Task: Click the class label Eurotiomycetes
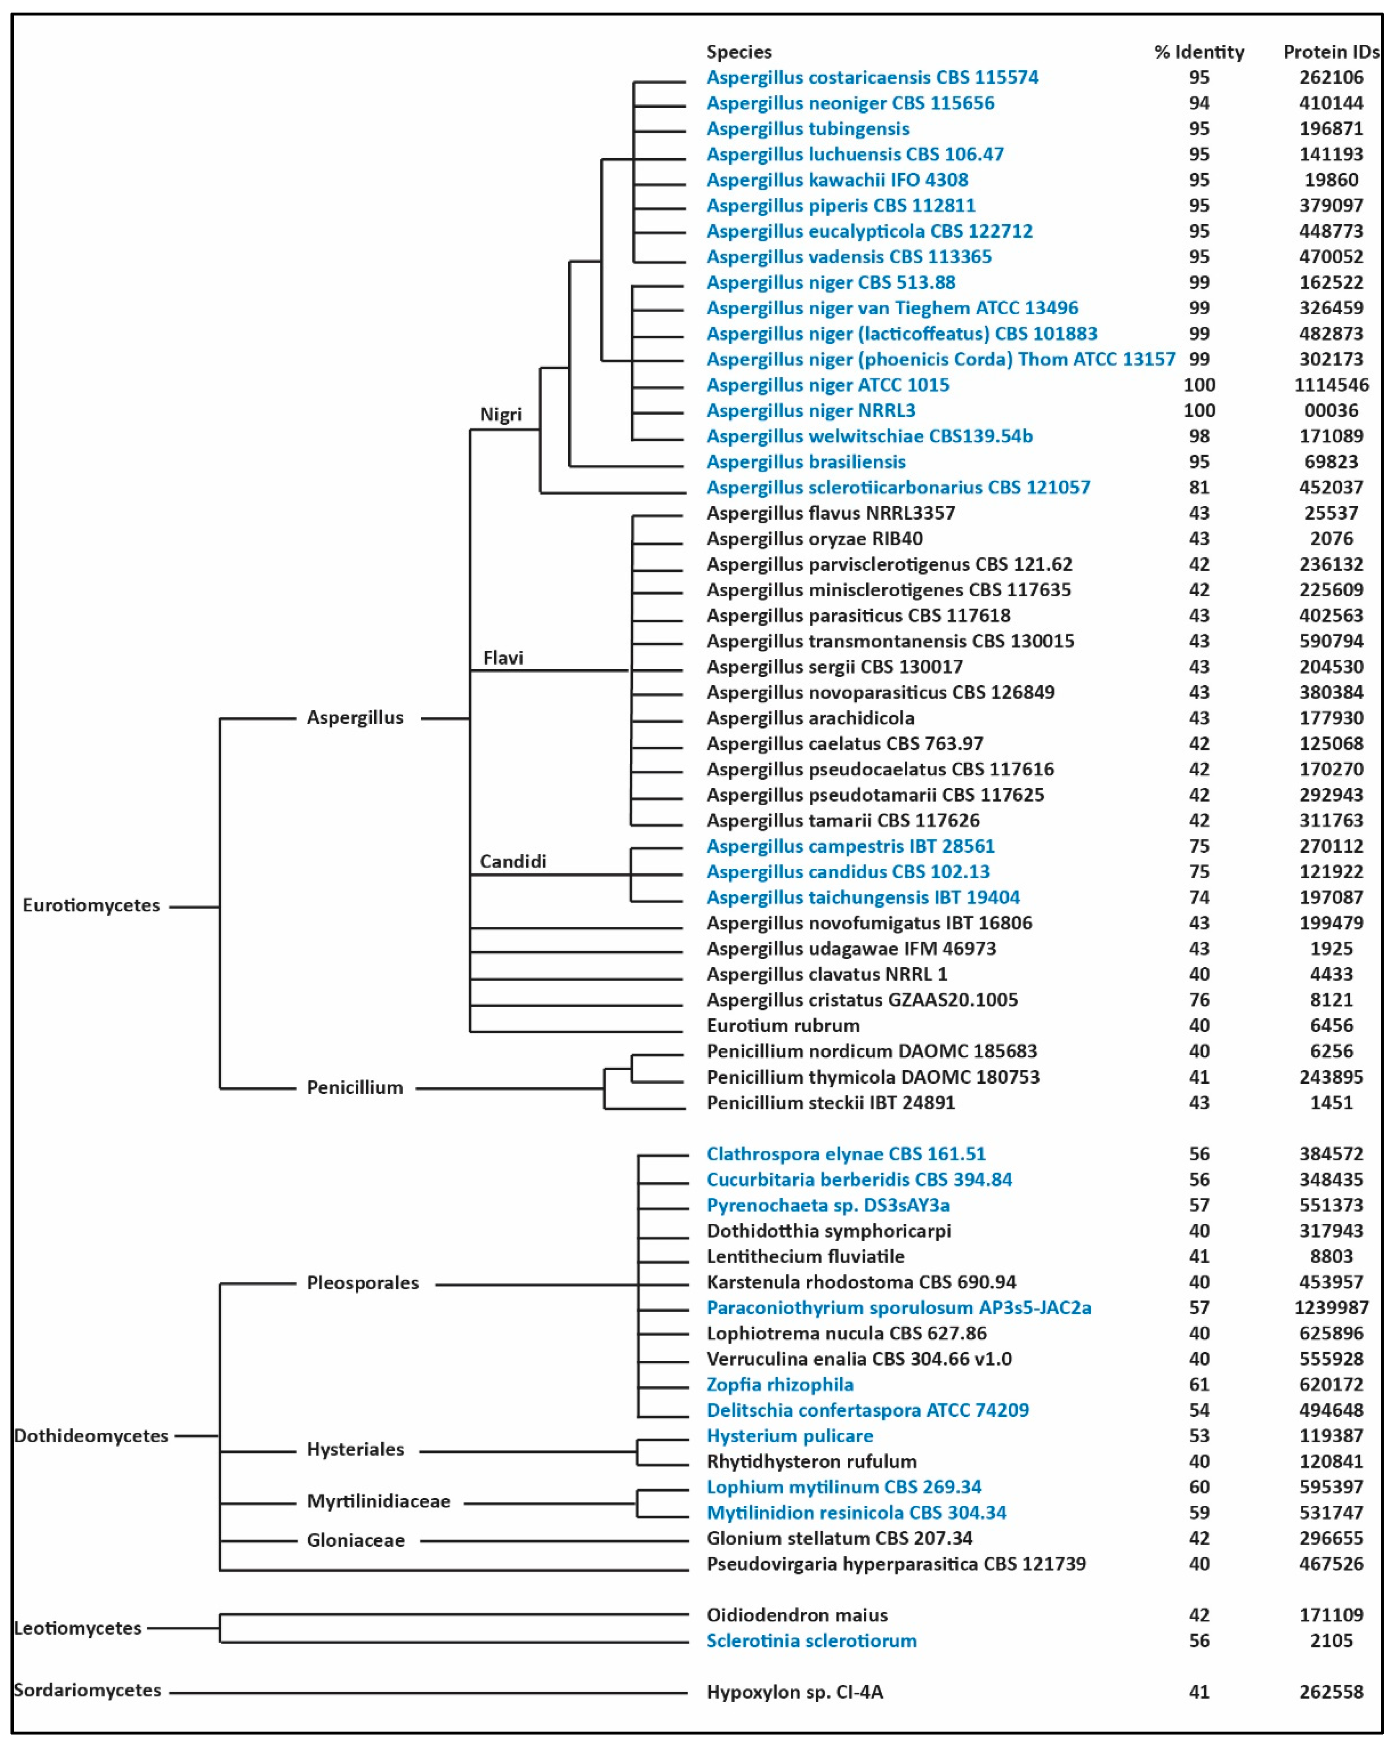tap(91, 905)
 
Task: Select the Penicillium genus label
tap(355, 1087)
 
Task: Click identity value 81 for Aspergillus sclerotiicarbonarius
tap(1199, 487)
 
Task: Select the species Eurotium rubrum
tap(783, 1025)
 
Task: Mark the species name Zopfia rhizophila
tap(779, 1385)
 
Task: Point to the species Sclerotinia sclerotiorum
tap(811, 1641)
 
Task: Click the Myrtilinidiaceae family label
tap(378, 1502)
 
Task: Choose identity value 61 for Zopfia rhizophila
tap(1199, 1385)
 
